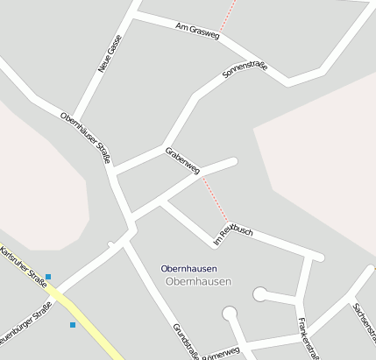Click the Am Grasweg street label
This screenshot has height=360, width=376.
pos(195,29)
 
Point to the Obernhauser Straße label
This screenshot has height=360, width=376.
pos(86,137)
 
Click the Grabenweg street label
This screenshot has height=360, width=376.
pos(182,159)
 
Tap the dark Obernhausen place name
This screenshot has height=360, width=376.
pos(189,268)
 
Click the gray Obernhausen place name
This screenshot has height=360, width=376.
pos(198,281)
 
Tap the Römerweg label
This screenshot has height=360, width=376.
pos(221,352)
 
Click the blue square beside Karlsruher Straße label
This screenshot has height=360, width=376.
pos(48,277)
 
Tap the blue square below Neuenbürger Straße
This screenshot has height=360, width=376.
pos(73,325)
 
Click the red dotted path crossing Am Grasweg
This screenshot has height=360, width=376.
pos(229,16)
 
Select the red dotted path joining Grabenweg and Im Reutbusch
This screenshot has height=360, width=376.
pos(215,198)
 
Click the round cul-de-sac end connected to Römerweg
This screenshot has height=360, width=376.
pos(231,313)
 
